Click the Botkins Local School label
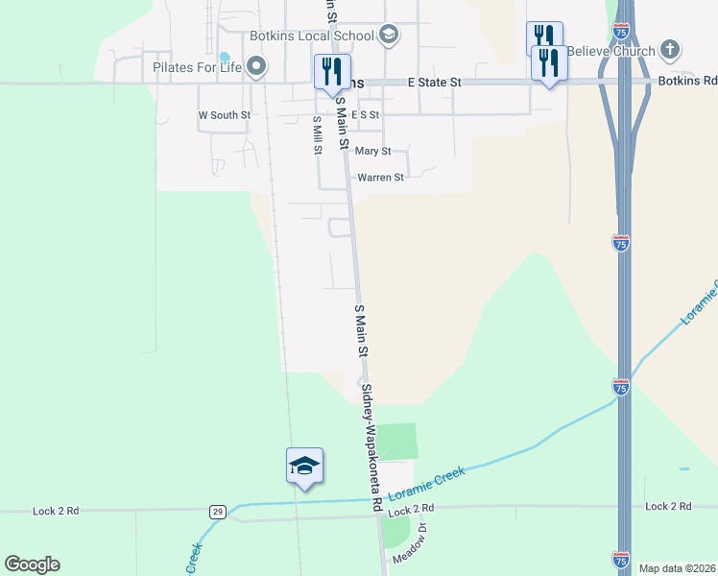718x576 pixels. tap(311, 36)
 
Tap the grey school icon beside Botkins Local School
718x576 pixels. tap(388, 36)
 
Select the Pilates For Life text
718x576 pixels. tap(197, 67)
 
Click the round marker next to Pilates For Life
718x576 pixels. tap(255, 66)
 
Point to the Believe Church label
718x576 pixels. tap(610, 51)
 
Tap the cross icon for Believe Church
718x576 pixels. tap(670, 49)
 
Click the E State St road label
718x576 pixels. tap(434, 84)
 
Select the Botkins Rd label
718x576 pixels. tap(687, 83)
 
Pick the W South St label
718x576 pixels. tap(224, 115)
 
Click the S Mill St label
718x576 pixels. tap(317, 135)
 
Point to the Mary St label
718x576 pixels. tap(372, 152)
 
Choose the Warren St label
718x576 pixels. tap(380, 178)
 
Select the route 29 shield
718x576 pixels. tap(219, 512)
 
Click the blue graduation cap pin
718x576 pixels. tap(304, 467)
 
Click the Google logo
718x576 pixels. tap(32, 564)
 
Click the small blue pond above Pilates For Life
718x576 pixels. tap(225, 56)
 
